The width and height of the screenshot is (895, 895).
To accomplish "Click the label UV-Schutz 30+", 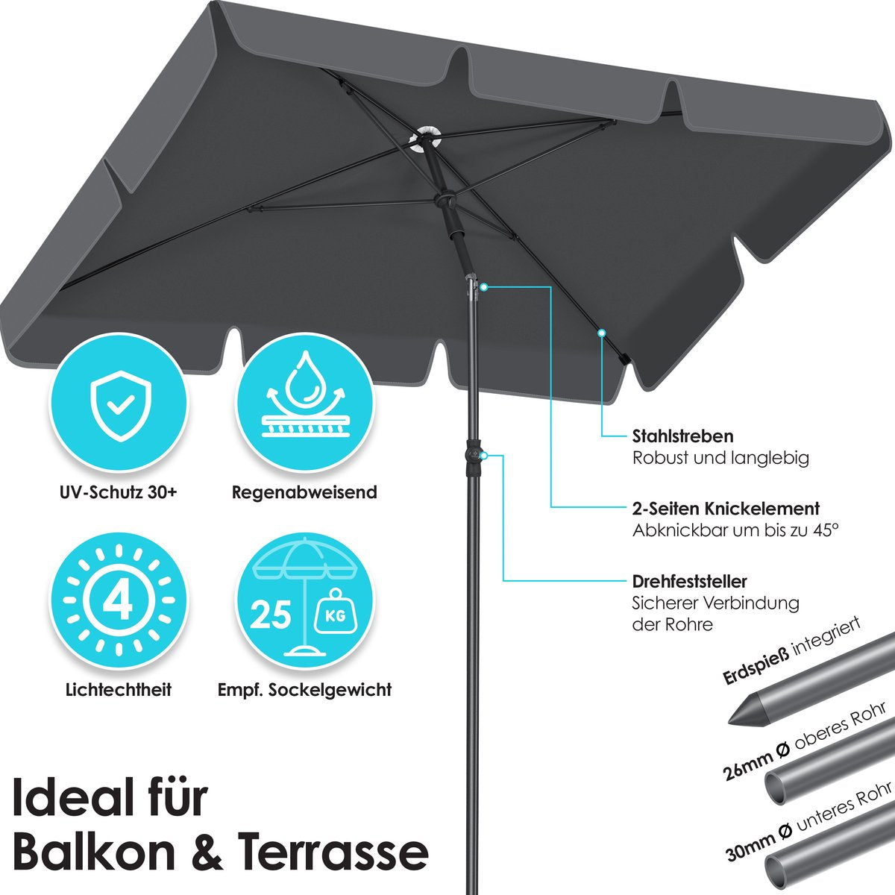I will [118, 492].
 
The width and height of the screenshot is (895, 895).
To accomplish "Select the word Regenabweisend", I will [304, 492].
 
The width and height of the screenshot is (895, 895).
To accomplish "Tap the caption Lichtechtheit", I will [118, 689].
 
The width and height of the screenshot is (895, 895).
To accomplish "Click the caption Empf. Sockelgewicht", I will [304, 689].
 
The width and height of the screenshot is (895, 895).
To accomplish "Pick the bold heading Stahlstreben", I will [682, 436].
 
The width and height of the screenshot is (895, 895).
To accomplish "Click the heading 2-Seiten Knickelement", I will [726, 509].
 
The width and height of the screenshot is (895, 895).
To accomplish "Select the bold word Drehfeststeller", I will [689, 581].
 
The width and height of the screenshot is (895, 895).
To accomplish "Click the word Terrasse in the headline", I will [333, 851].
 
